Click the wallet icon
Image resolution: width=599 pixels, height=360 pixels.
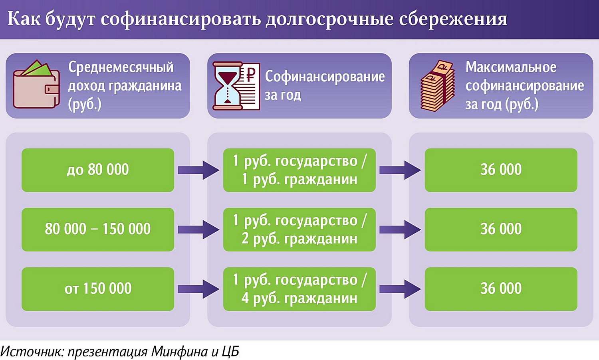tap(36, 86)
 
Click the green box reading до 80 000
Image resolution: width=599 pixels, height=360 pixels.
tap(98, 170)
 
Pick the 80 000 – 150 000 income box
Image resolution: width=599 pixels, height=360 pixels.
tap(98, 229)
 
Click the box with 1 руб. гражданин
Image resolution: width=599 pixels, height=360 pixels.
tap(299, 170)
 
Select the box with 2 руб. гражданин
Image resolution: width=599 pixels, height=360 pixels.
tap(299, 229)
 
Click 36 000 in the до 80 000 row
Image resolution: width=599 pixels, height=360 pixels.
tap(501, 170)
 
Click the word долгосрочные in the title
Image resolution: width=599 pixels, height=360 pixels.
tap(329, 19)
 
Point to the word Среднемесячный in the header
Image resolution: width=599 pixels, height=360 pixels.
tap(121, 67)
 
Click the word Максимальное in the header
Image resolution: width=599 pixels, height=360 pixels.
tap(511, 67)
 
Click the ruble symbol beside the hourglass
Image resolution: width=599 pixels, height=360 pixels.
tap(250, 75)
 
